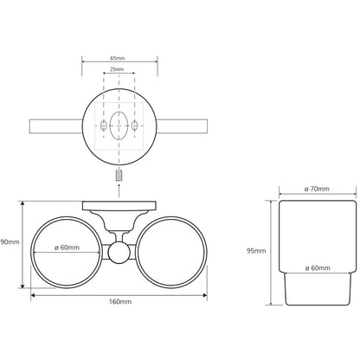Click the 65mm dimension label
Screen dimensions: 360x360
click(x=118, y=58)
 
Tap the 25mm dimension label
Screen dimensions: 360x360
click(x=117, y=69)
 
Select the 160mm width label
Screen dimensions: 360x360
click(x=120, y=302)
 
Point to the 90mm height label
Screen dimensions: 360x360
click(x=10, y=242)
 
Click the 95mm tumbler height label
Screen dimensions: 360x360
click(x=256, y=251)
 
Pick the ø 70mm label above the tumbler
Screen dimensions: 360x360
click(x=317, y=190)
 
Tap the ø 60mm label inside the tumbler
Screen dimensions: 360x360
click(x=318, y=268)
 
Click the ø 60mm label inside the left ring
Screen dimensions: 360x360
click(x=67, y=247)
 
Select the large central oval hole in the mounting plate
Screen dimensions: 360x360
click(x=119, y=125)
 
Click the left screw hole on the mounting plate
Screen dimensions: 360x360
click(x=103, y=125)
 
